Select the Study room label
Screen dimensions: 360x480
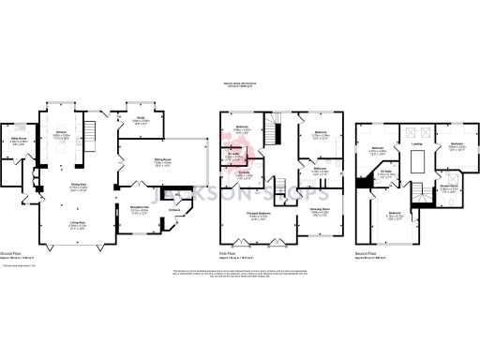point(140,118)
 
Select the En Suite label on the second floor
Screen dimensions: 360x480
point(385,173)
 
